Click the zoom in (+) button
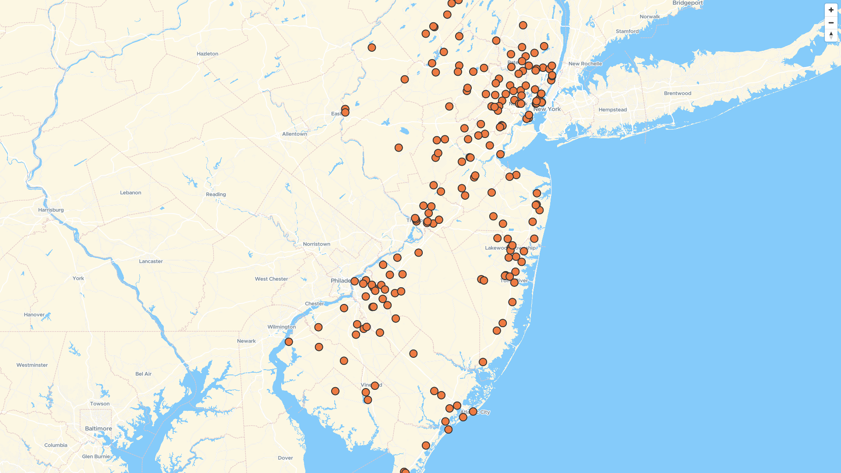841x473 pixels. tap(831, 10)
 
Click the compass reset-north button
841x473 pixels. tap(831, 35)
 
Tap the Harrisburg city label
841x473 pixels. tap(51, 210)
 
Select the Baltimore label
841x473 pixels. tap(98, 428)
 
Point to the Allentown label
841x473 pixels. tap(294, 134)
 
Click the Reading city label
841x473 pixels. tap(216, 194)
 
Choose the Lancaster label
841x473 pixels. tap(151, 261)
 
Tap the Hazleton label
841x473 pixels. tap(207, 54)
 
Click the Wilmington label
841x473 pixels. tap(282, 327)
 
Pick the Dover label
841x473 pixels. tap(285, 458)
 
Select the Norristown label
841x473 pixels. tap(316, 244)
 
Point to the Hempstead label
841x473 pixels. tap(612, 110)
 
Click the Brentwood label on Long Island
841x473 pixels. tap(677, 93)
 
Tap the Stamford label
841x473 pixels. tap(627, 32)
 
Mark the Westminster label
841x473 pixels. tap(32, 365)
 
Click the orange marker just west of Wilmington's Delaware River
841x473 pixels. tap(289, 342)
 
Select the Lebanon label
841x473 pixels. tap(131, 193)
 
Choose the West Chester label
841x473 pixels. tap(271, 279)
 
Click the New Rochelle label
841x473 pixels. tap(585, 64)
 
